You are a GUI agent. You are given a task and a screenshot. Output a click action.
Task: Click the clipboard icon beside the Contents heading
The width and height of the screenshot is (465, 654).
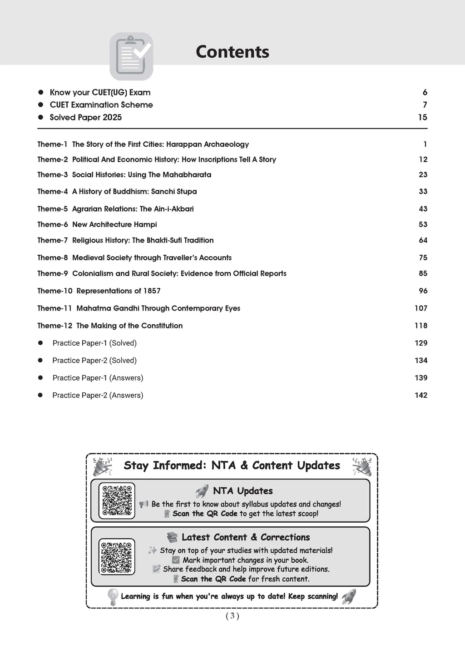131,56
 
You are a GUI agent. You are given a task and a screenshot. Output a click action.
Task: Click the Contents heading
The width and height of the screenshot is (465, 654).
232,52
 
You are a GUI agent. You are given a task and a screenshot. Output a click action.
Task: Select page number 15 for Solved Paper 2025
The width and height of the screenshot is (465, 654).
422,117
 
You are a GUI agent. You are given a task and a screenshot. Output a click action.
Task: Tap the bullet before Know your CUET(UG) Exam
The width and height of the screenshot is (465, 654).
40,92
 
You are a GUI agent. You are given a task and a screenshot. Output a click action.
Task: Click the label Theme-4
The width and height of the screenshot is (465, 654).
52,192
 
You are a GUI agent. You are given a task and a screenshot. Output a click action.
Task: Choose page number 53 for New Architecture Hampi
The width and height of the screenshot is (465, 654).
423,224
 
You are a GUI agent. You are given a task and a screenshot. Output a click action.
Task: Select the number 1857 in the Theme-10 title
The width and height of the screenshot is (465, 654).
152,291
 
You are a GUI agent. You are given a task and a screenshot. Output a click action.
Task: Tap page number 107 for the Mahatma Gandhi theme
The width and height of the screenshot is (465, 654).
420,308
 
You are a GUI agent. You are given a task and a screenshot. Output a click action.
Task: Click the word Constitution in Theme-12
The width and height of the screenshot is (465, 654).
162,326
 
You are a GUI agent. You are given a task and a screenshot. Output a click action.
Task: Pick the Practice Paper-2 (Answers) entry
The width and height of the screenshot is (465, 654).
98,396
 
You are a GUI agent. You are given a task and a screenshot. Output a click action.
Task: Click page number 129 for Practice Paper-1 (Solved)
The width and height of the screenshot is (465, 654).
420,343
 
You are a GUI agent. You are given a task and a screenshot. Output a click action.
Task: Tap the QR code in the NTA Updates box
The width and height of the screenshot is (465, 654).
117,500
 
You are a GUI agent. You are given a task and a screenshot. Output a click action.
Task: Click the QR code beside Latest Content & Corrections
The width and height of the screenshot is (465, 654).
117,557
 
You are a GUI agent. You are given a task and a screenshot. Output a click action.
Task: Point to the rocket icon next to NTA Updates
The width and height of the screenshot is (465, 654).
202,491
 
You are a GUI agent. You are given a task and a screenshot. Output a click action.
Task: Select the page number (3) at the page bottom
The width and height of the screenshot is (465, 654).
232,616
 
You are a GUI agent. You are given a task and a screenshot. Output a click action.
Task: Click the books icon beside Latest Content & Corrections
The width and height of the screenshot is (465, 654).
172,537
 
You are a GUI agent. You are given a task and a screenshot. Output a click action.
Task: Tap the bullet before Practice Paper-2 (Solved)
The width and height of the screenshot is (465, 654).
40,360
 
